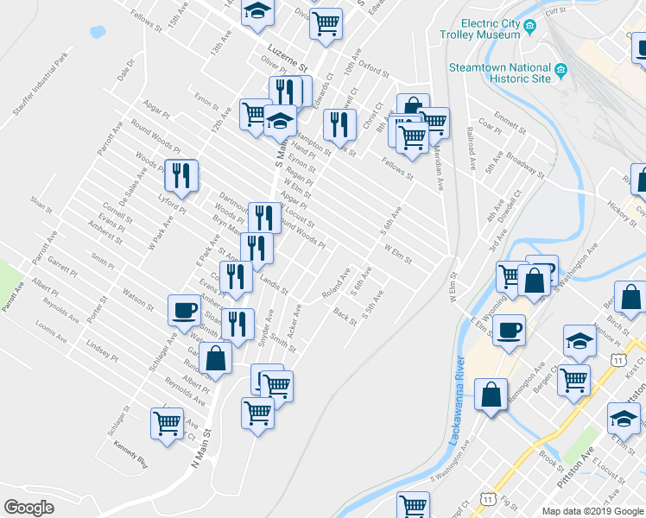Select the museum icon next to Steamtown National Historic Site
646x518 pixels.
click(561, 69)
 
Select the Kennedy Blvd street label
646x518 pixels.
click(130, 455)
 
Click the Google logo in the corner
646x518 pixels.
click(29, 507)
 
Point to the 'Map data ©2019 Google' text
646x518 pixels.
click(592, 511)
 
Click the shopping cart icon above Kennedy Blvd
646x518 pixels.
click(167, 422)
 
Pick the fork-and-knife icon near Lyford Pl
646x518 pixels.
click(181, 175)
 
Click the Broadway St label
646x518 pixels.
click(525, 165)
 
